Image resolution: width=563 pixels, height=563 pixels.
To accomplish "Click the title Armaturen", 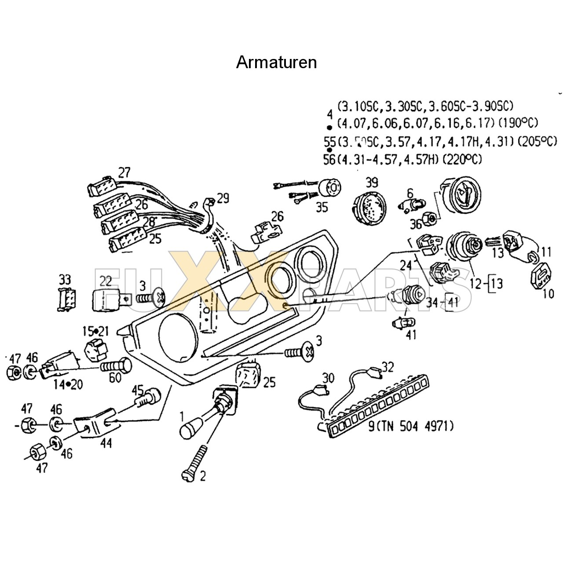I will coord(276,62).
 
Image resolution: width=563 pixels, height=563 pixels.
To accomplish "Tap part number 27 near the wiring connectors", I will coord(124,172).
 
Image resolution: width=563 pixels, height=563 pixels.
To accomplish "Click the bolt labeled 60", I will coord(117,366).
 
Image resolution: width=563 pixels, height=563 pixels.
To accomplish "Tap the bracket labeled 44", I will coord(95,422).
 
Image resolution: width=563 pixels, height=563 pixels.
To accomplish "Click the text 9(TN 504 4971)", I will coord(410,426).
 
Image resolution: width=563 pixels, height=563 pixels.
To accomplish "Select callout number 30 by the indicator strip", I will coord(328,378).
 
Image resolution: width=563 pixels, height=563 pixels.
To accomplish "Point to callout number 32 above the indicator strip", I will coord(388,366).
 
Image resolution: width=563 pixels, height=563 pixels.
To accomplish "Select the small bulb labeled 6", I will coord(413,204).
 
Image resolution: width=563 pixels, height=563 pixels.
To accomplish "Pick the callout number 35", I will coord(322,207).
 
